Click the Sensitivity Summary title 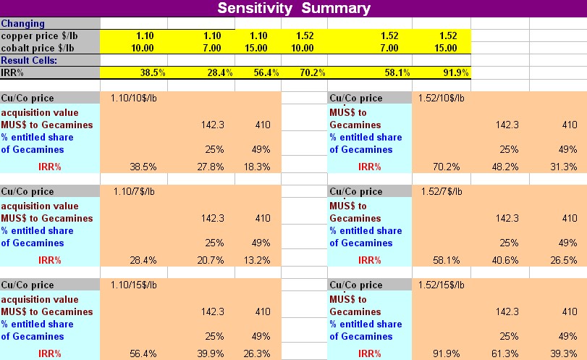click(x=293, y=9)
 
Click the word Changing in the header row click(x=22, y=24)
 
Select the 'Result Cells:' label click(x=29, y=61)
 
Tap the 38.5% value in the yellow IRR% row click(x=153, y=73)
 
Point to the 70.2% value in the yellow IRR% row click(x=311, y=73)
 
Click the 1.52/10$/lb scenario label click(x=442, y=99)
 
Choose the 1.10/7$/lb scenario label click(x=133, y=192)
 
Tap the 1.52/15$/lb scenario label click(x=442, y=285)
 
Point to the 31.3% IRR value click(x=563, y=167)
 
